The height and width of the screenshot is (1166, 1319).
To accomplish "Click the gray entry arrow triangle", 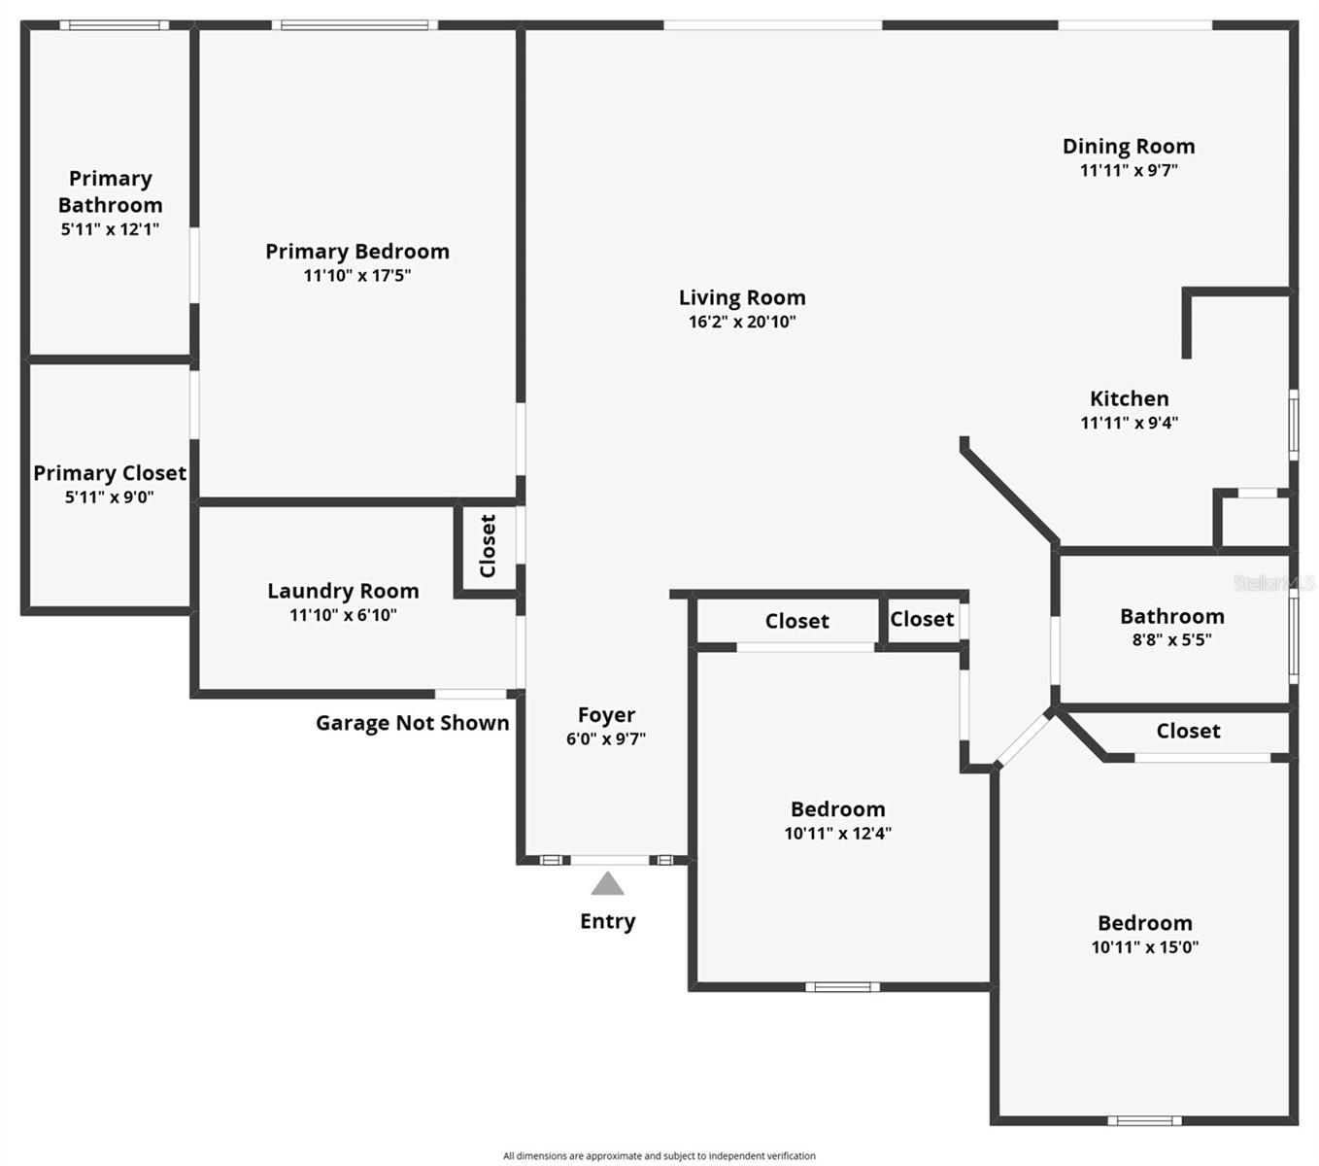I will pyautogui.click(x=607, y=884).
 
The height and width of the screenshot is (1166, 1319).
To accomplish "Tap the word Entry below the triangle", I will pyautogui.click(x=607, y=921).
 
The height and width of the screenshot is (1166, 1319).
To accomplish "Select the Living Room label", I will pyautogui.click(x=742, y=298).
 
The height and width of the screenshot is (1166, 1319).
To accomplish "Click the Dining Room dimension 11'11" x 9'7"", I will pyautogui.click(x=1129, y=170).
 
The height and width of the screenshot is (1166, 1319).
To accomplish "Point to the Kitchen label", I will pyautogui.click(x=1129, y=398).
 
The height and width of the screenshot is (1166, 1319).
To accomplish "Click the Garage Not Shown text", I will pyautogui.click(x=412, y=723).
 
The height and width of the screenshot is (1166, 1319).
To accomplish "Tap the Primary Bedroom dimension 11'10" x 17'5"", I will pyautogui.click(x=356, y=276).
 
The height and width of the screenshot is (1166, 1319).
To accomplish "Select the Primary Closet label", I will pyautogui.click(x=110, y=473).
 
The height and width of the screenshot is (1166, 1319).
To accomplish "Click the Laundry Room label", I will pyautogui.click(x=343, y=591).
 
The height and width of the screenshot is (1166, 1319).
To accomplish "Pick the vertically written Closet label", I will pyautogui.click(x=488, y=545).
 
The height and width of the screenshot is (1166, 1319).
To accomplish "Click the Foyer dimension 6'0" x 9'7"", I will pyautogui.click(x=606, y=738).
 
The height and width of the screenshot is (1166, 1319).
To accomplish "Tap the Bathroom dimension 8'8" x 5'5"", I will pyautogui.click(x=1171, y=639).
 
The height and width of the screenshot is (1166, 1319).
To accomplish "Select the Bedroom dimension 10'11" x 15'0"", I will pyautogui.click(x=1144, y=947).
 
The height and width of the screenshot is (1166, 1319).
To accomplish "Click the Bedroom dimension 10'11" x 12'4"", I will pyautogui.click(x=837, y=833).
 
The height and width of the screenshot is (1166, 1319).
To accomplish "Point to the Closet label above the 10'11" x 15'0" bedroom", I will pyautogui.click(x=1187, y=731).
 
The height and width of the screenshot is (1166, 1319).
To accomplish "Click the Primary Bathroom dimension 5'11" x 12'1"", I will pyautogui.click(x=110, y=229).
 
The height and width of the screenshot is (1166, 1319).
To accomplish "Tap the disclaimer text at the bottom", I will pyautogui.click(x=659, y=1155).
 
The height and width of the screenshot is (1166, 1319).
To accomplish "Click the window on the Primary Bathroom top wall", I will pyautogui.click(x=115, y=25).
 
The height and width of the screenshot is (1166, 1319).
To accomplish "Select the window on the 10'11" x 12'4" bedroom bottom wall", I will pyautogui.click(x=842, y=987).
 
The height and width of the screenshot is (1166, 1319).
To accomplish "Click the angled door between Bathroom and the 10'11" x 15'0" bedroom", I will pyautogui.click(x=1023, y=738).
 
